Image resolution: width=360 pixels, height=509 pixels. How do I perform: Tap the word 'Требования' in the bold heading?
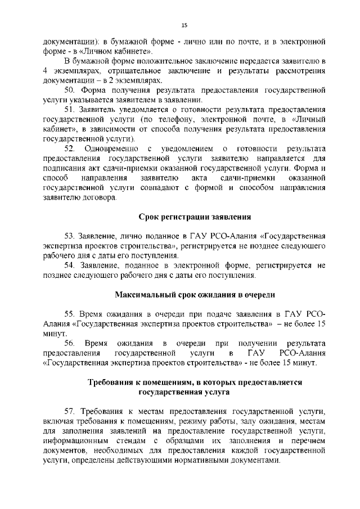[x=110, y=382]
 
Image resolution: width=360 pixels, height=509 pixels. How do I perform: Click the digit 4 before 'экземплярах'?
[x=46, y=70]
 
